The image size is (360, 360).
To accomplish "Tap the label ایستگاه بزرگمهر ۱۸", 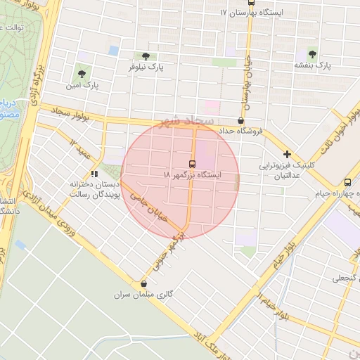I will tap(191, 174).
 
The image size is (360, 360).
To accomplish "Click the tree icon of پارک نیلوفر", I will tap(145, 57).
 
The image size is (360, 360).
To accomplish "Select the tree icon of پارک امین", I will tap(83, 72).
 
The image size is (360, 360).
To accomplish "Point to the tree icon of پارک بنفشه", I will tap(312, 53).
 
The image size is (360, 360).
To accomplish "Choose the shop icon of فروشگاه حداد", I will tap(241, 120).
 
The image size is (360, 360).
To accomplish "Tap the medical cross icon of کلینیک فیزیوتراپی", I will tap(286, 155).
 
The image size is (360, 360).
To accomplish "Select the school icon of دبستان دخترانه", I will tap(95, 174).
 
